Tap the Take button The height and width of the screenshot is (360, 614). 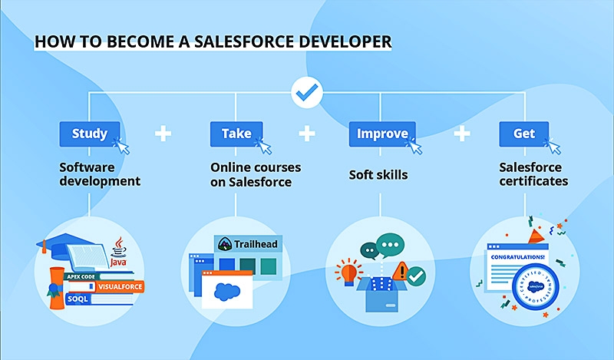(236, 134)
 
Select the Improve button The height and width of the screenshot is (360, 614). (382, 134)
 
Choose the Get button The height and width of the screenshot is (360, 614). (524, 134)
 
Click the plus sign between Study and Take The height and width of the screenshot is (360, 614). (163, 134)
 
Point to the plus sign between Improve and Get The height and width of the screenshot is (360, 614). (461, 134)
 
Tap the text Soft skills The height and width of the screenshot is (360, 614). (378, 175)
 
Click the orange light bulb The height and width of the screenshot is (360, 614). (347, 272)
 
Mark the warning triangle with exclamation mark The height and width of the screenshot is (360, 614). (398, 270)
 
